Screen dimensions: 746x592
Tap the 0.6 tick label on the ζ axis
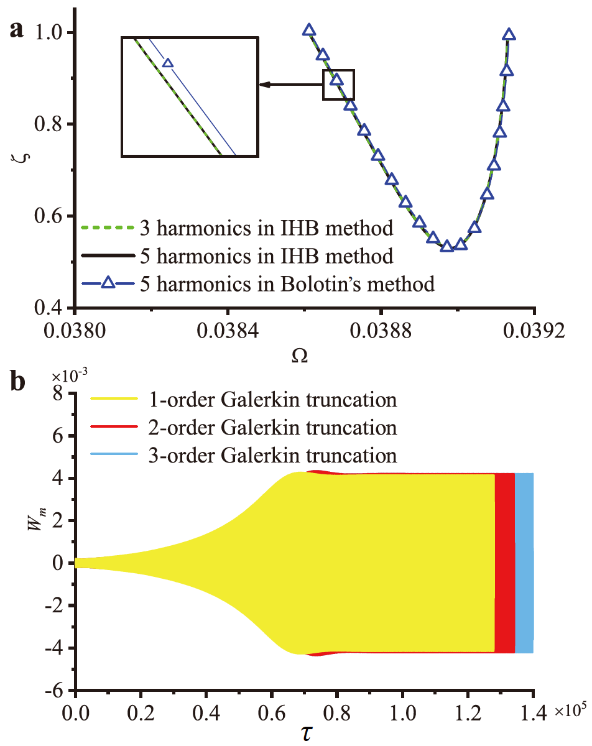pos(51,216)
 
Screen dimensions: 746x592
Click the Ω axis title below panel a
pos(303,357)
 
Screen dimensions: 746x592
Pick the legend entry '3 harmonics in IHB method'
pos(236,229)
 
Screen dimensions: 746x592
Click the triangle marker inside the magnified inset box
pos(167,63)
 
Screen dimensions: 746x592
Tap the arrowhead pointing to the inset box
pos(264,85)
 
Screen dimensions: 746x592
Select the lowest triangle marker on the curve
pos(446,246)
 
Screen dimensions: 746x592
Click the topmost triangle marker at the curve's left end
pos(309,30)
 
